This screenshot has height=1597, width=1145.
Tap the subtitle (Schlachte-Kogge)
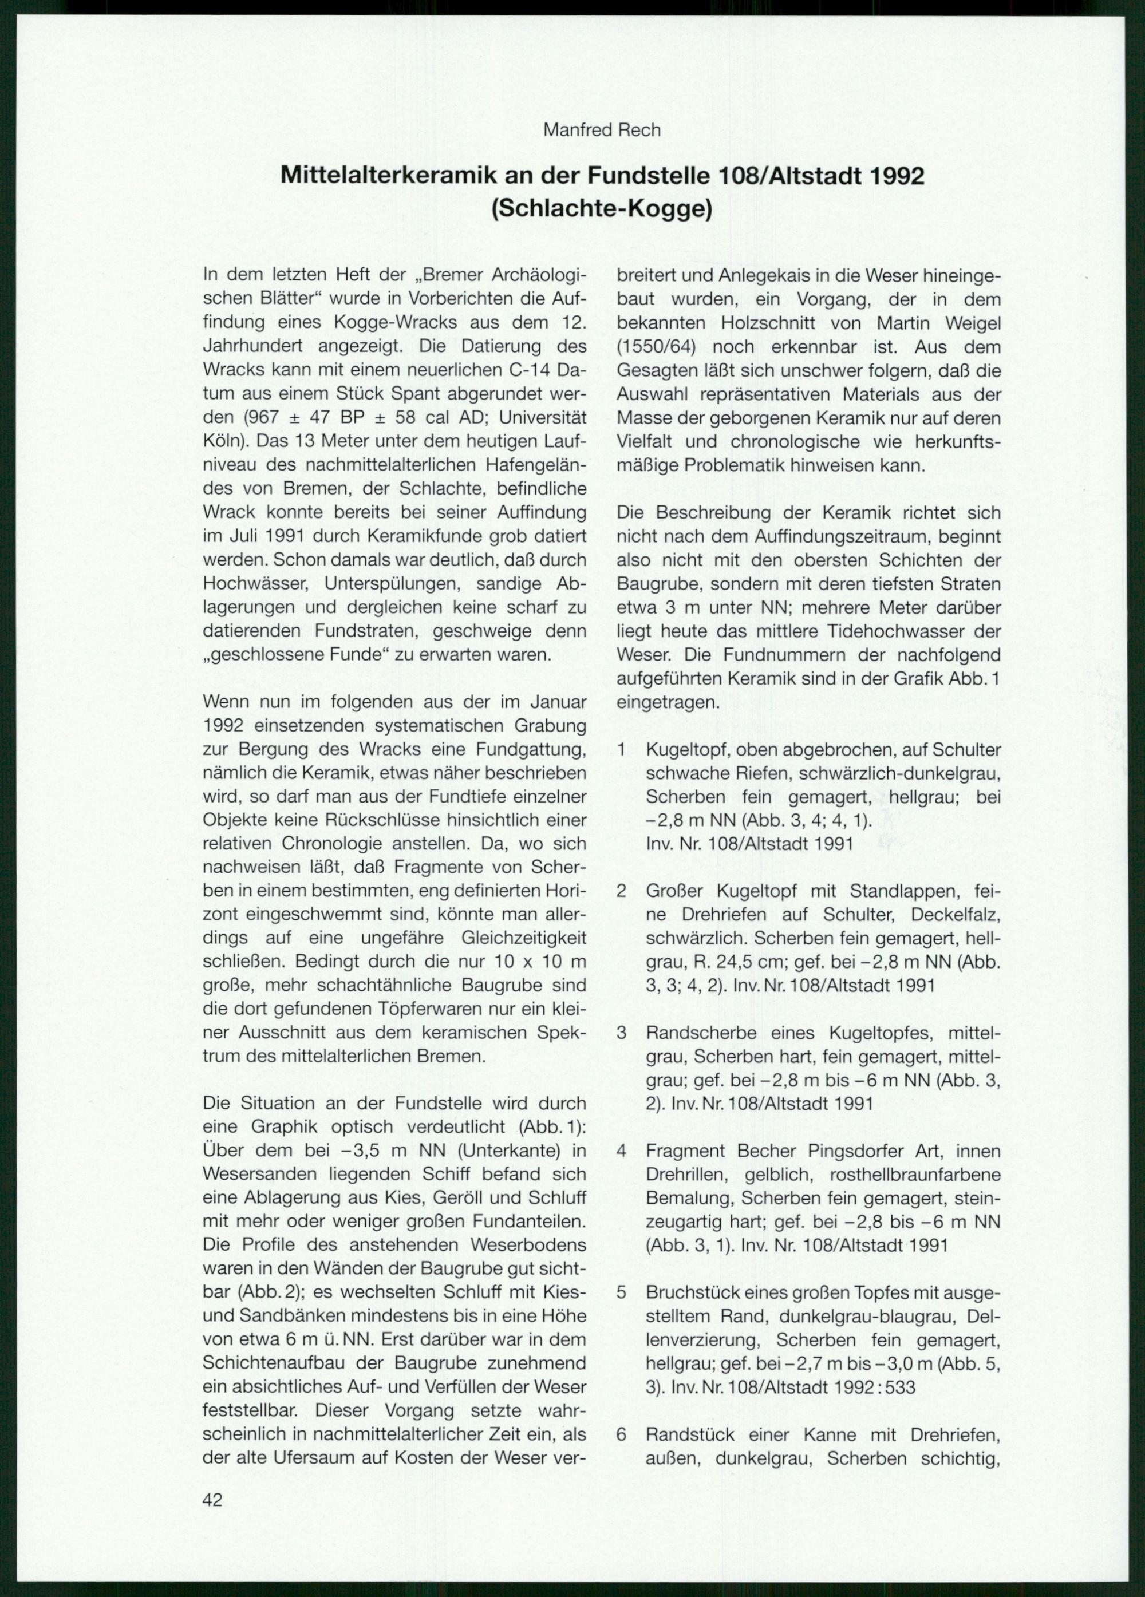coord(602,210)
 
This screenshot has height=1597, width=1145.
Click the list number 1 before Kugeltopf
coord(621,749)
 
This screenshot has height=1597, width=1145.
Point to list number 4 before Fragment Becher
coord(621,1151)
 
